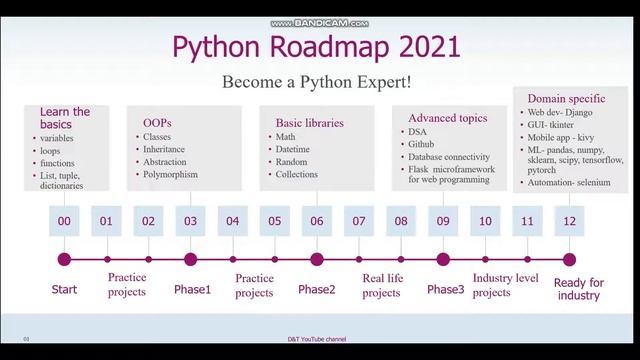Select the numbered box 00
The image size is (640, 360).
click(64, 220)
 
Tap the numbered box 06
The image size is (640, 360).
click(316, 220)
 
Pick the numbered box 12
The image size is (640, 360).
click(569, 220)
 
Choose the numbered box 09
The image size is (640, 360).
click(443, 220)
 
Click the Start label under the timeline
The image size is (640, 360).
click(64, 289)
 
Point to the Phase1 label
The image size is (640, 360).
click(192, 289)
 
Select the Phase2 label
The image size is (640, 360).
click(316, 289)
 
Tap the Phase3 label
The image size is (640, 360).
click(445, 289)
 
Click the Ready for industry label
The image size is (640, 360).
click(578, 289)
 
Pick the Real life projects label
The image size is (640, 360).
click(381, 286)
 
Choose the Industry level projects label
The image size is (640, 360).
click(506, 286)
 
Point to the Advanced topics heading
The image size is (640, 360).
click(447, 118)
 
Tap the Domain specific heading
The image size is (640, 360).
click(558, 97)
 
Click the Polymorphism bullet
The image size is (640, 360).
click(170, 174)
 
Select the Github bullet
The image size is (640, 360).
click(421, 144)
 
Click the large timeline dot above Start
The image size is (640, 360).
click(64, 259)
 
